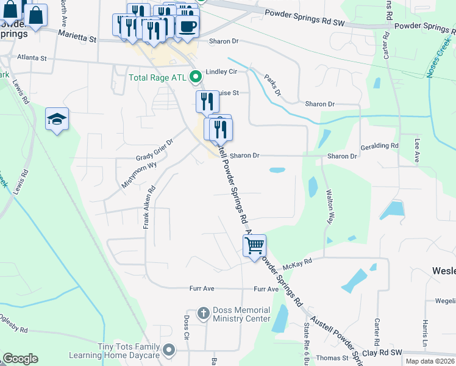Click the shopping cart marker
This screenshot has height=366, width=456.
click(254, 246)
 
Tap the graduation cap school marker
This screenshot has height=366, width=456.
click(57, 119)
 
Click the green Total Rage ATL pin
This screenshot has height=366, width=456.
click(196, 77)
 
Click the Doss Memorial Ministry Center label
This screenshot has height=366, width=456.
click(241, 314)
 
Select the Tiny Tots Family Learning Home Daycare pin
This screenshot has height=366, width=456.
click(169, 350)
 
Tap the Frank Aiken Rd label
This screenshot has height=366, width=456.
click(146, 207)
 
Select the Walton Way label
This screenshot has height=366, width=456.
click(330, 207)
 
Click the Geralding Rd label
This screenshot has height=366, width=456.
click(379, 146)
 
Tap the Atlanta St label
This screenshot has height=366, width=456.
click(32, 58)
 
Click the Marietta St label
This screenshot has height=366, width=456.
click(77, 38)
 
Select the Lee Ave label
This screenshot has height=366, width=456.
click(418, 150)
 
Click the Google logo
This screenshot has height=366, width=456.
click(20, 359)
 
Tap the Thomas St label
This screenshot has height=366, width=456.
click(332, 358)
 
